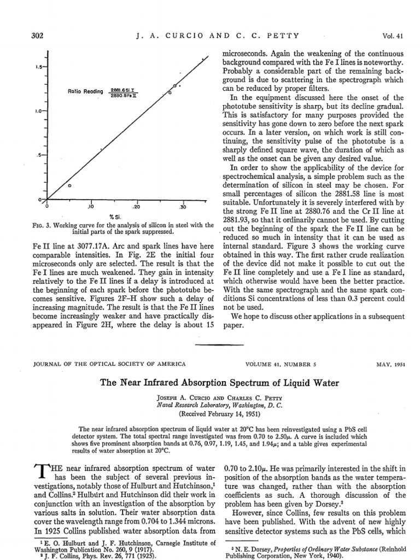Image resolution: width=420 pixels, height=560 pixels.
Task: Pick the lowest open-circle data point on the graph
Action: point(69,186)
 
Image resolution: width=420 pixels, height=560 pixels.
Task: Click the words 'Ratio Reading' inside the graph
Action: point(85,91)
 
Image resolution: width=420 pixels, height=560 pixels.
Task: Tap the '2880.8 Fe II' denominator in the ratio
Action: point(124,95)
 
